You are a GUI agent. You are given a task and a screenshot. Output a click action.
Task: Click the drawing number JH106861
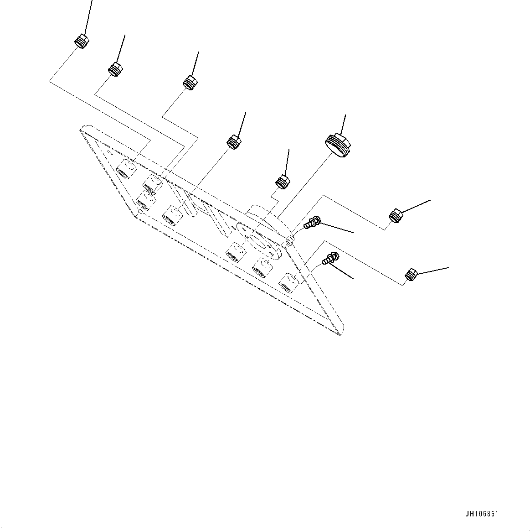482,514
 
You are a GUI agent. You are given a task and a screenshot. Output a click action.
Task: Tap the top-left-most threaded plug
82,41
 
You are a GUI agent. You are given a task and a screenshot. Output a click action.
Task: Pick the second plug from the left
115,69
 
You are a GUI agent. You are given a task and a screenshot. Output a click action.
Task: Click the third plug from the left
190,82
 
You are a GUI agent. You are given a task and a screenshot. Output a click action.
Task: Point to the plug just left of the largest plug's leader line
234,141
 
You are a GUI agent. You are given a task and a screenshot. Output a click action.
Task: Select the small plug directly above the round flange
283,181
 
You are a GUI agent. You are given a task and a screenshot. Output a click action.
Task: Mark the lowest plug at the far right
411,275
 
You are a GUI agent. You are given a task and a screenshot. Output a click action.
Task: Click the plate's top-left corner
82,129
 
